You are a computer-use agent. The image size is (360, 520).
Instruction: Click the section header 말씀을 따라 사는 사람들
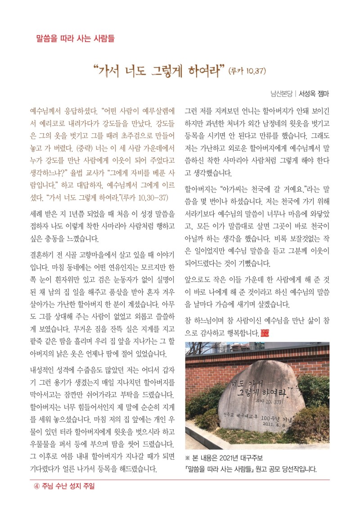(x=75, y=38)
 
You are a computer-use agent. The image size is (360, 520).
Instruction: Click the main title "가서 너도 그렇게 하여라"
(x=158, y=71)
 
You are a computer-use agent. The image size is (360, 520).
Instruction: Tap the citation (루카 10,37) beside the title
(x=248, y=71)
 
